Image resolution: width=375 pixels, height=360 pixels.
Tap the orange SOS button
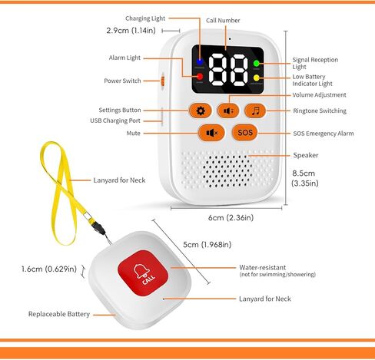(244, 133)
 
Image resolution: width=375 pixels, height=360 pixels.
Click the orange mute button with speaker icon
(211, 133)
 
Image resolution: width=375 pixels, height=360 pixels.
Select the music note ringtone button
(255, 111)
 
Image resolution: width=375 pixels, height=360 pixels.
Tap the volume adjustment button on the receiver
(228, 111)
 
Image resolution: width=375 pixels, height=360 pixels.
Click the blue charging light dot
(200, 61)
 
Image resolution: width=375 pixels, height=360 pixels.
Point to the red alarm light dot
(200, 77)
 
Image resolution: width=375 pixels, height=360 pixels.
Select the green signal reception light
(257, 63)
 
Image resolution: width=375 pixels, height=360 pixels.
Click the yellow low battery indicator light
(257, 78)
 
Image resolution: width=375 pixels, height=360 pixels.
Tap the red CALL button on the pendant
(143, 273)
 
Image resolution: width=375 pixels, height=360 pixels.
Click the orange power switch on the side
(162, 81)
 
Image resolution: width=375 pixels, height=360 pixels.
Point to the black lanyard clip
(99, 227)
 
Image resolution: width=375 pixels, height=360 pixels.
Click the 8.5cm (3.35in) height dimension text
(305, 178)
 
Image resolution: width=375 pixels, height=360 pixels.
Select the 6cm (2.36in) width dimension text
(231, 218)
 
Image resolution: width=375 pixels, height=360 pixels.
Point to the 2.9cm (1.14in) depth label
(131, 31)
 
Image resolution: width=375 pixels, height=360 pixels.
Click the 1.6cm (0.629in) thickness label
(49, 269)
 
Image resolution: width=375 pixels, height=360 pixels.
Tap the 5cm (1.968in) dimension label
(207, 245)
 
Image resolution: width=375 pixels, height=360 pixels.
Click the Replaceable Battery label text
(59, 314)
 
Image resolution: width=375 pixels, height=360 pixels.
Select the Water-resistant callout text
(263, 267)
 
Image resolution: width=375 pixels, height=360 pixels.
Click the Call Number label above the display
(223, 21)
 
